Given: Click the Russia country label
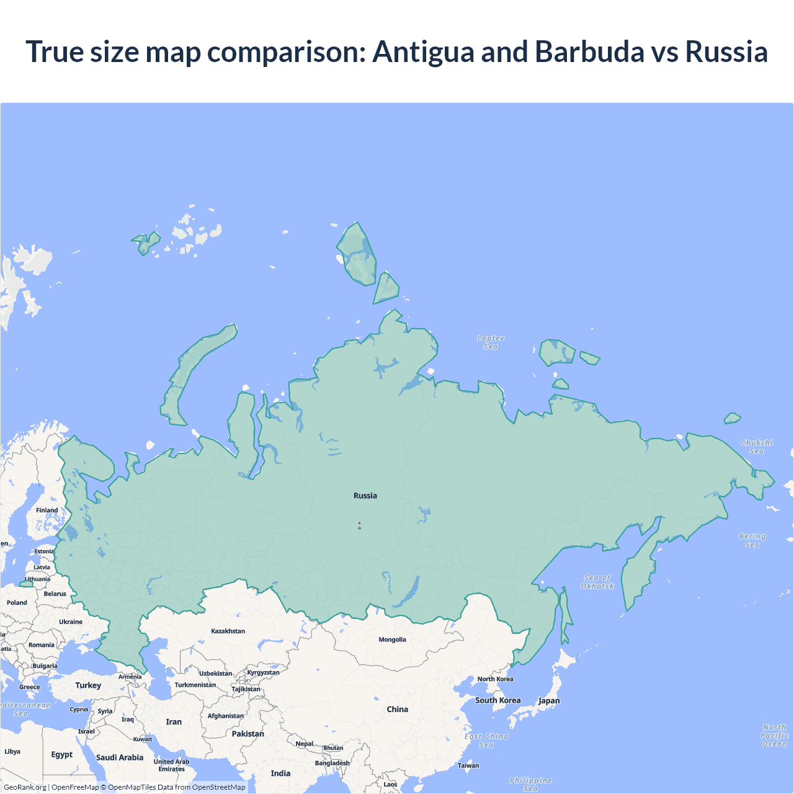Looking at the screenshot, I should pyautogui.click(x=365, y=496).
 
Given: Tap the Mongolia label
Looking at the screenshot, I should pyautogui.click(x=392, y=640).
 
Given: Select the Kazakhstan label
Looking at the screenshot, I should pyautogui.click(x=228, y=631).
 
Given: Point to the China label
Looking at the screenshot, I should pyautogui.click(x=398, y=709).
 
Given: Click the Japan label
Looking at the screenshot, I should pyautogui.click(x=549, y=700).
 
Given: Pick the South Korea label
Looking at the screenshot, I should pyautogui.click(x=498, y=700).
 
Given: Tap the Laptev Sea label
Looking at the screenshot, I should pyautogui.click(x=491, y=342).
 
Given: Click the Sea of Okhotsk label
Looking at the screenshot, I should pyautogui.click(x=597, y=582).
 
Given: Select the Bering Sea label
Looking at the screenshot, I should pyautogui.click(x=752, y=540).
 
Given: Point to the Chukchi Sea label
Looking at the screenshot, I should pyautogui.click(x=757, y=447).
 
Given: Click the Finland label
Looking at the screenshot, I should pyautogui.click(x=47, y=511).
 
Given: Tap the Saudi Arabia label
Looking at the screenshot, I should pyautogui.click(x=120, y=757).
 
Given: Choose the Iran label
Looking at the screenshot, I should pyautogui.click(x=174, y=722).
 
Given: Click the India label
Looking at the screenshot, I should pyautogui.click(x=280, y=773).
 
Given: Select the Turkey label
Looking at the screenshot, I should pyautogui.click(x=88, y=685).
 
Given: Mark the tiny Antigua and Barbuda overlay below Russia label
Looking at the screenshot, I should pyautogui.click(x=359, y=526).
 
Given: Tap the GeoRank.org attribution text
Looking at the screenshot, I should pyautogui.click(x=25, y=787).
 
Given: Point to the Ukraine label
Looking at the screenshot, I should pyautogui.click(x=71, y=622).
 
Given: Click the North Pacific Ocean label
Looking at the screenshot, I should pyautogui.click(x=774, y=736).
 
